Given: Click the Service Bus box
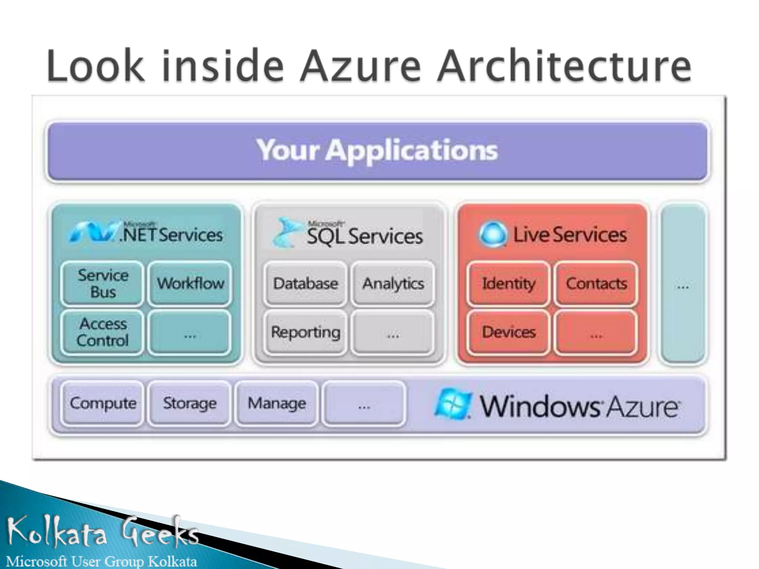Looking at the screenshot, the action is coord(102,284).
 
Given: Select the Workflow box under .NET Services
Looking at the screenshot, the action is coord(190,284).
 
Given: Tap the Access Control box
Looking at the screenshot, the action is coord(102,332).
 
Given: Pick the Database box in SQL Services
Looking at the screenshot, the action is coord(305,284).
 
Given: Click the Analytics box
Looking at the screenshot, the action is coord(393,284).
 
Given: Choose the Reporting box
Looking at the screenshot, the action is coord(305,332).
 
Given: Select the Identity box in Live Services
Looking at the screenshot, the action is coord(508,284).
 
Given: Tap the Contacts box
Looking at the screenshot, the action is coord(596,284).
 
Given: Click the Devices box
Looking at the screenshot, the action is coord(508,332).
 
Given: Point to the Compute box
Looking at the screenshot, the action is coord(103,403).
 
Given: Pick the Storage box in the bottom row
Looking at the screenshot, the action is coord(190,403).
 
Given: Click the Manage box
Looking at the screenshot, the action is coord(277,403).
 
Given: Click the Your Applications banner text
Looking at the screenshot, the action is coord(377,150).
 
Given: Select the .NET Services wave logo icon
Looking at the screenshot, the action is coord(93,233).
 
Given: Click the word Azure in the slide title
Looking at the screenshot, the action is coord(360,67).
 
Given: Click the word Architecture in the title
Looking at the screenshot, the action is coord(563,67).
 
